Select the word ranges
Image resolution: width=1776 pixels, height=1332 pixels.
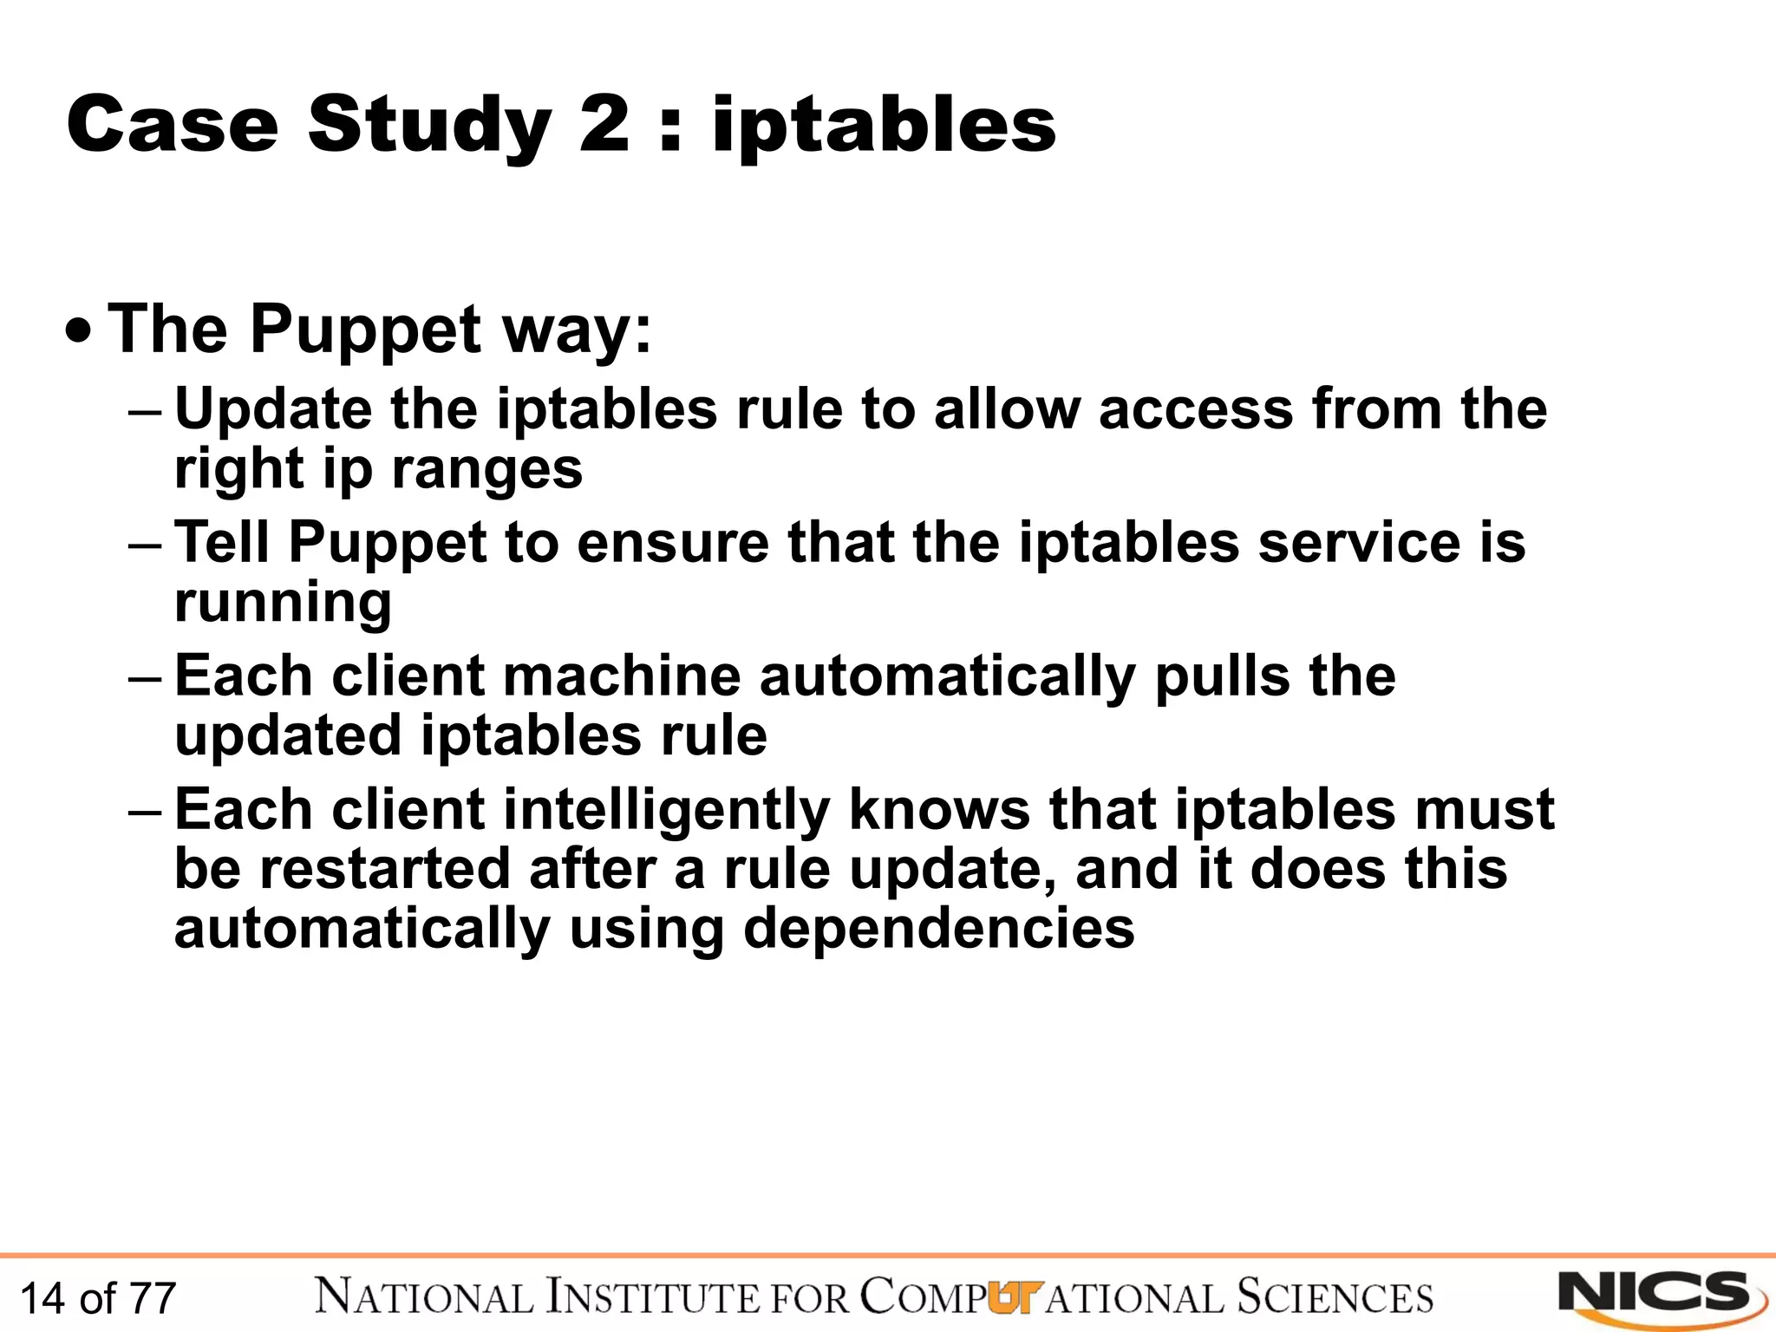click(486, 470)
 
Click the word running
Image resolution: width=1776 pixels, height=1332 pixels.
click(283, 603)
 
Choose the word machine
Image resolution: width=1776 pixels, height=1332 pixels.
click(622, 676)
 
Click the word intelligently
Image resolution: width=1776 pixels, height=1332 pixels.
click(666, 810)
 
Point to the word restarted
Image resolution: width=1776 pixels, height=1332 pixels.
click(385, 869)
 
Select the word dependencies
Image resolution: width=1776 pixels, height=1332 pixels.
click(938, 929)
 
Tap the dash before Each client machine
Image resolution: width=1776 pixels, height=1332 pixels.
click(144, 676)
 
